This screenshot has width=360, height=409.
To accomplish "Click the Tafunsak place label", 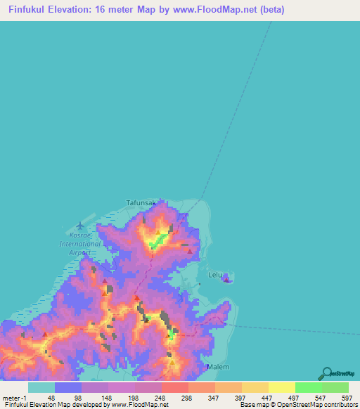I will click(x=141, y=202).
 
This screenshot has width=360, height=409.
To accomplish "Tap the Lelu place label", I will click(x=215, y=275).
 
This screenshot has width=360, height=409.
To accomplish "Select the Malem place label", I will click(x=218, y=367).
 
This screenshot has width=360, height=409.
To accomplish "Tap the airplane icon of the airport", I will click(x=79, y=226).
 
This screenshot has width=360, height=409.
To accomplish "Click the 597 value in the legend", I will click(x=347, y=398).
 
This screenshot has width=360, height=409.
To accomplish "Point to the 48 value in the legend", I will click(x=52, y=398).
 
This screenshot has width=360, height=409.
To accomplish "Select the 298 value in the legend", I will click(x=186, y=398).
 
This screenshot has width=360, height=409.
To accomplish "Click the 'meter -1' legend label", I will click(x=15, y=398).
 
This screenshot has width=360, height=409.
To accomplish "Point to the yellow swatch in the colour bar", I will click(x=281, y=387).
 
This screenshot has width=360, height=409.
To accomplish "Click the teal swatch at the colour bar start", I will click(x=41, y=387).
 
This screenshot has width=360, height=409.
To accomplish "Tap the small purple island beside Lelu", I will click(x=226, y=279).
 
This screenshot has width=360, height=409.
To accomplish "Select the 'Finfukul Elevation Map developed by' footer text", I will click(x=53, y=405).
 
